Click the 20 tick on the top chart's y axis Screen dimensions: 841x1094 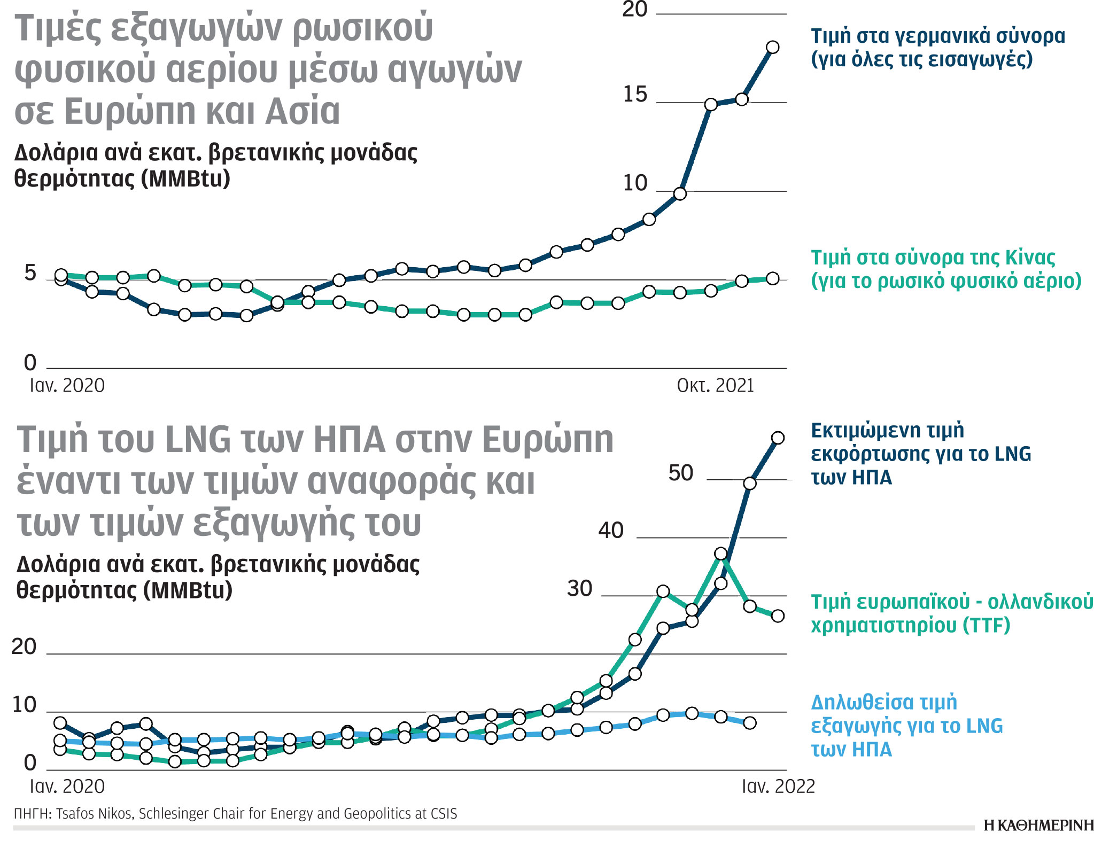pos(634,10)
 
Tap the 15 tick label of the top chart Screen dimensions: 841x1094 pos(634,95)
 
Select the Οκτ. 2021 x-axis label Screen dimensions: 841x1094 pos(715,385)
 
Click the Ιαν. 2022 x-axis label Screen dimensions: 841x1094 pos(778,787)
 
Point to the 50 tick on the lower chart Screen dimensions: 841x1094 pos(680,473)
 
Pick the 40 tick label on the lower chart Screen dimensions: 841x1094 pos(611,531)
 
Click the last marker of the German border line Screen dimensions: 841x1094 pos(772,48)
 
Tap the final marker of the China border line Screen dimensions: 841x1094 pos(772,278)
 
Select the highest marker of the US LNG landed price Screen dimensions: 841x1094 pos(778,438)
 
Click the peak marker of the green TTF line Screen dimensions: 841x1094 pos(721,554)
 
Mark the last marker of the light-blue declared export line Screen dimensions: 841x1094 pos(750,723)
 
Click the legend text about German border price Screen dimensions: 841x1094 pos(937,47)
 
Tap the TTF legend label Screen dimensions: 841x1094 pos(951,613)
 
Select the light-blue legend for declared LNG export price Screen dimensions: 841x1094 pos(906,726)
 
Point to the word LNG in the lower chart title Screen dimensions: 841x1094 pos(198,440)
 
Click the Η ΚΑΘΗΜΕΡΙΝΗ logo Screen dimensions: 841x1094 pos(1038,826)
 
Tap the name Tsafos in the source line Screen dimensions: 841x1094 pos(75,814)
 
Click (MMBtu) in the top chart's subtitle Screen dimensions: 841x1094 pos(185,178)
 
